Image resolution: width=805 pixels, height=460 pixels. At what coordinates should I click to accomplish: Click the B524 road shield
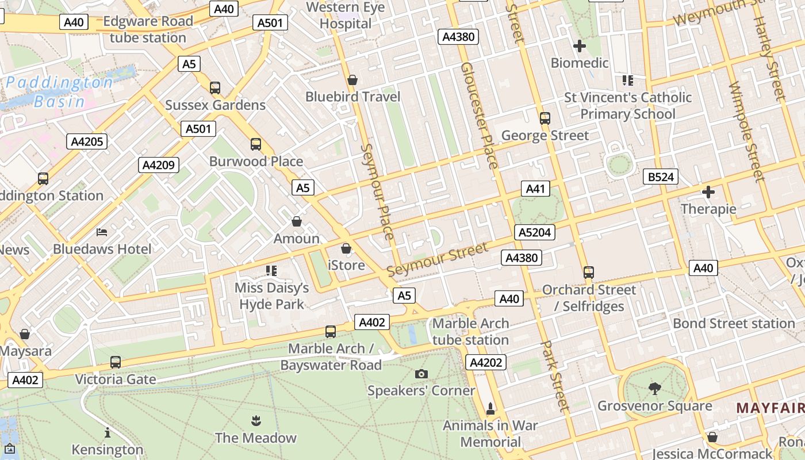coord(660,177)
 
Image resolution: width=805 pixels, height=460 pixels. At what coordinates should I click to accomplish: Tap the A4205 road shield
coord(87,141)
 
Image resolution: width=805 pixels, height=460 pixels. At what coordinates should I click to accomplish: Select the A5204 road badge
coord(535,232)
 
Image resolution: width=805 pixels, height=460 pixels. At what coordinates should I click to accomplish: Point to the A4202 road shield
coord(486,362)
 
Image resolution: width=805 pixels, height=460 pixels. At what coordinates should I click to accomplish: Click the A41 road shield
coord(535,189)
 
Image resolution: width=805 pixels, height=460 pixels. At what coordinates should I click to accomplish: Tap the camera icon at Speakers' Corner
coord(421,374)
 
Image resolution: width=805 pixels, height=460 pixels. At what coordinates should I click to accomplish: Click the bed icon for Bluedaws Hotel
coord(102,232)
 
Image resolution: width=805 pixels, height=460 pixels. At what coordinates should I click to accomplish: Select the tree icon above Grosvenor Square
coord(654,389)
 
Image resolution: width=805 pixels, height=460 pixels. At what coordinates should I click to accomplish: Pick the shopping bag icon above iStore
coord(346,248)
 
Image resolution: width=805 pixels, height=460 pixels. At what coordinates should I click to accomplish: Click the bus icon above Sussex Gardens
coord(215,88)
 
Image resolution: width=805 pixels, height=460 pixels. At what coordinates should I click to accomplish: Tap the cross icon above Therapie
coord(708,192)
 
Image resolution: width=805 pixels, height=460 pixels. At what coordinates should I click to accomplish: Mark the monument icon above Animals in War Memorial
coord(490,409)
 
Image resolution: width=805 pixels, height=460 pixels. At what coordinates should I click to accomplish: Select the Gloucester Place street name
coord(478,115)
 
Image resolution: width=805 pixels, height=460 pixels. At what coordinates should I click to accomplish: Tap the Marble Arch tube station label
coord(470,332)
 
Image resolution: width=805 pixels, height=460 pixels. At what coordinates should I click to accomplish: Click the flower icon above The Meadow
coord(256,421)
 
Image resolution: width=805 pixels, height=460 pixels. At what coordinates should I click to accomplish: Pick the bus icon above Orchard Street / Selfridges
coord(588,273)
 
